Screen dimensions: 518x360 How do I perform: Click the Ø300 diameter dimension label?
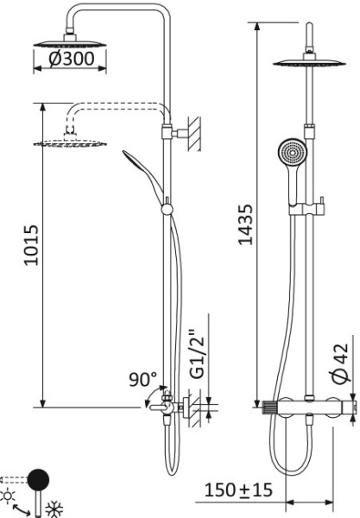tap(70, 61)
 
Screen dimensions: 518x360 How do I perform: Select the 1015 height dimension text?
tap(32, 247)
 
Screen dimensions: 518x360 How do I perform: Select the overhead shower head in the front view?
tap(308, 62)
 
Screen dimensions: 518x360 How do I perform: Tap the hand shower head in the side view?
tap(137, 163)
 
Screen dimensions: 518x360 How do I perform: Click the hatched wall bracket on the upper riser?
tap(193, 134)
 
